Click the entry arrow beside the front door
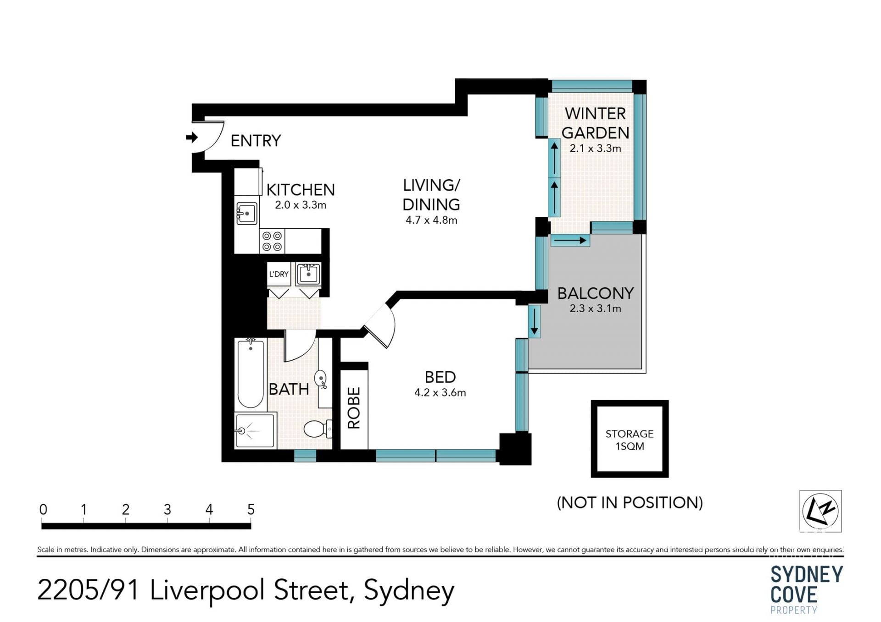[192, 137]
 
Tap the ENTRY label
[256, 141]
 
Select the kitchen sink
[246, 213]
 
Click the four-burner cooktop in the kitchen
[272, 241]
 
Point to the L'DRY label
[279, 274]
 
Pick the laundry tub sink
[308, 274]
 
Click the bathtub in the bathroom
[251, 374]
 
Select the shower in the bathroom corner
[255, 430]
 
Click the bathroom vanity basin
[321, 379]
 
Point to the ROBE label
[354, 408]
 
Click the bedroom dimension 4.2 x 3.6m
[440, 393]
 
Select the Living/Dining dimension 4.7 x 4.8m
[431, 220]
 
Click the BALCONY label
[596, 293]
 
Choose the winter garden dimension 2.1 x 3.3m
[596, 149]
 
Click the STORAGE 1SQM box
[630, 439]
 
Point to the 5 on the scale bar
[251, 509]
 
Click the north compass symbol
[820, 511]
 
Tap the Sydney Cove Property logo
[807, 589]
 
